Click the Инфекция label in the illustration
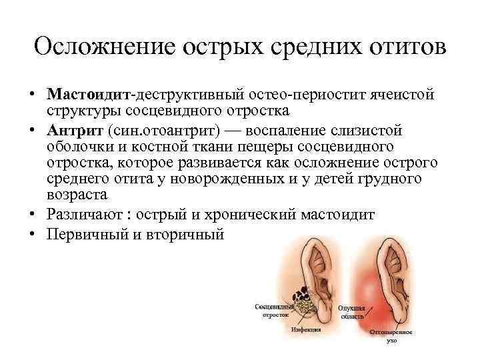[x=306, y=329]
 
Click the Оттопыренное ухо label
[x=391, y=336]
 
